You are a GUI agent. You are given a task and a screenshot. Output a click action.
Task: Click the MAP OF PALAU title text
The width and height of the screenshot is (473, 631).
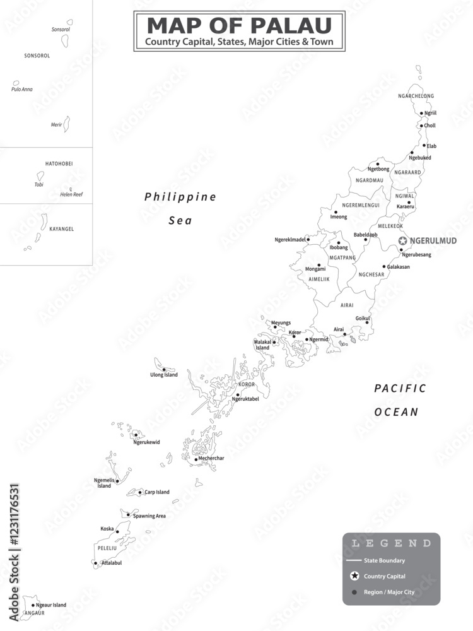pyautogui.click(x=239, y=25)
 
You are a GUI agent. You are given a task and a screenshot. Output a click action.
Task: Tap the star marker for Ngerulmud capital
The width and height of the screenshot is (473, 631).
pyautogui.click(x=402, y=241)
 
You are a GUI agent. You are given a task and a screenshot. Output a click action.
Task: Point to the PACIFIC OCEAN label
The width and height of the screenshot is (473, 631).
pyautogui.click(x=400, y=400)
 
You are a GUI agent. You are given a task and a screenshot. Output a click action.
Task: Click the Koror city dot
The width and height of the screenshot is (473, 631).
pyautogui.click(x=293, y=336)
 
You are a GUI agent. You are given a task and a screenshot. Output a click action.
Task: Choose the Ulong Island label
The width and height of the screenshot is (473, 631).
pyautogui.click(x=163, y=375)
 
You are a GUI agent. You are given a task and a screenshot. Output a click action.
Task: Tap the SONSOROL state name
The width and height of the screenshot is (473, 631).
pyautogui.click(x=37, y=56)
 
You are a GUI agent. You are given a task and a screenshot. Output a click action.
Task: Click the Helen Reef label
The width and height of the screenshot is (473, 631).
pyautogui.click(x=71, y=194)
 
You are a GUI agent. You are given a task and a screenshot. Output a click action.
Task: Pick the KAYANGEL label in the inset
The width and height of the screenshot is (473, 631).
pyautogui.click(x=61, y=229)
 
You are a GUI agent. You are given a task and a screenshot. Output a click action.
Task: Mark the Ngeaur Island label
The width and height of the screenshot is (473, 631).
pyautogui.click(x=51, y=605)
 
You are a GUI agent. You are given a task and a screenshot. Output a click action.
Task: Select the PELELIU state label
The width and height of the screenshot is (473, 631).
pyautogui.click(x=105, y=549)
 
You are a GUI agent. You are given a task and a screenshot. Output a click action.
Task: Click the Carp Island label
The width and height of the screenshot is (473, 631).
pyautogui.click(x=156, y=492)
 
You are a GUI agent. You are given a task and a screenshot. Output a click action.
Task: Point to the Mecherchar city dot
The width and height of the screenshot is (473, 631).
pyautogui.click(x=196, y=459)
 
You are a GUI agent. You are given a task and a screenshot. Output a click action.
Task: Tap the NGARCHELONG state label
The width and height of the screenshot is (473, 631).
pyautogui.click(x=416, y=96)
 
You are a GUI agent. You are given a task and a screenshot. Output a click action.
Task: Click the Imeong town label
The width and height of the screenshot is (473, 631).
pyautogui.click(x=339, y=217)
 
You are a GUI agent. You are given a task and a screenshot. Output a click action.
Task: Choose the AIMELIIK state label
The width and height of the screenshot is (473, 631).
pyautogui.click(x=319, y=278)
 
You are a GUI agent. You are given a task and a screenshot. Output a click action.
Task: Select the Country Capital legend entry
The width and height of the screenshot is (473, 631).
pyautogui.click(x=385, y=576)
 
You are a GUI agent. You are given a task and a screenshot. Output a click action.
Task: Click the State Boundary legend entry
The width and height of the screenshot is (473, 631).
pyautogui.click(x=384, y=560)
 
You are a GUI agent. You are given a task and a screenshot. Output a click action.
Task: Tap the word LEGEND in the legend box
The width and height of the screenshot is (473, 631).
pyautogui.click(x=391, y=543)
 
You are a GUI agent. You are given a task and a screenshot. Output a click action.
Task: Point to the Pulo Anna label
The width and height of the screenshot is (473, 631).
pyautogui.click(x=21, y=89)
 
